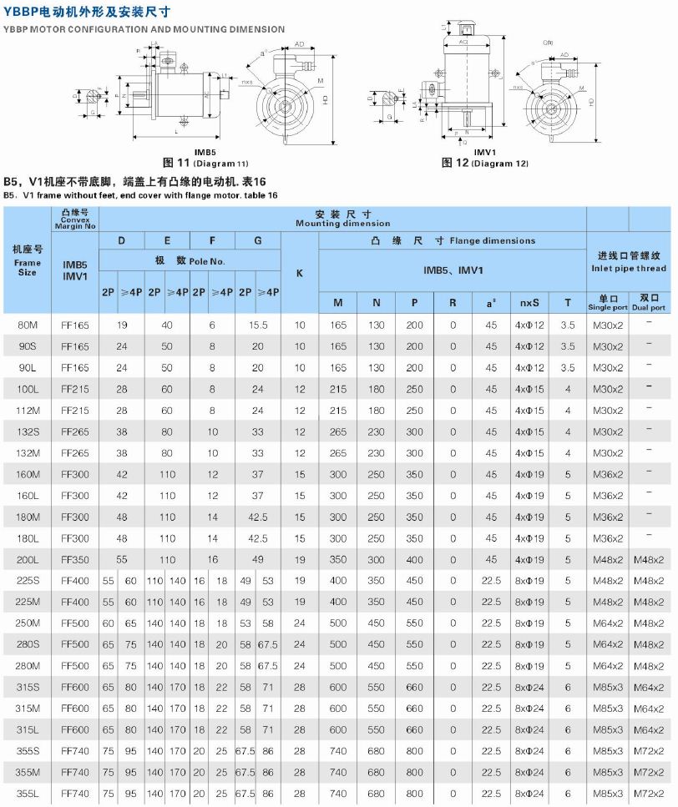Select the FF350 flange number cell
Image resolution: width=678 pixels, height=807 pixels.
(75, 559)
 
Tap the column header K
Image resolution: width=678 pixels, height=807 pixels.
(300, 273)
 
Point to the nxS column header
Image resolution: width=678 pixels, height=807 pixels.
(529, 302)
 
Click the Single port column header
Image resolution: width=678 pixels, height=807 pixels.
(607, 302)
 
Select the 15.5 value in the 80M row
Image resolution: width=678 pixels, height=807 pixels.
(258, 325)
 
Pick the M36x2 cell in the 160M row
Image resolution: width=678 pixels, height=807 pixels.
(608, 474)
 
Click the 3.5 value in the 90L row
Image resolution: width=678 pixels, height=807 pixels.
(568, 367)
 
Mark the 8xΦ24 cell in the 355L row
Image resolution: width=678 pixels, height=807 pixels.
(529, 793)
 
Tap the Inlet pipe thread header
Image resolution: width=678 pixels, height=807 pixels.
(629, 268)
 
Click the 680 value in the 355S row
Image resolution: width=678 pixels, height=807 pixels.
(377, 750)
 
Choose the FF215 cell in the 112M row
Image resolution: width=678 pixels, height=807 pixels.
(75, 410)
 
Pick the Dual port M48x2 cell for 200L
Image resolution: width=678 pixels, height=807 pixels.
(649, 559)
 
